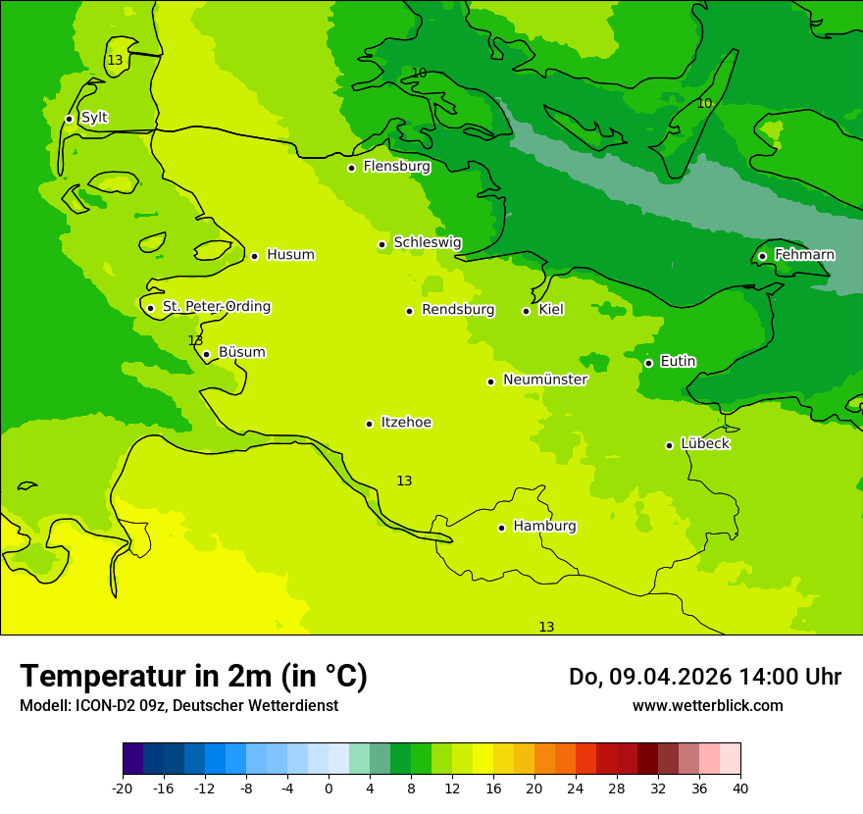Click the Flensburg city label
coord(396,167)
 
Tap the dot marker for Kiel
coord(526,311)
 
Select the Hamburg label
coord(544,527)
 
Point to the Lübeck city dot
coord(669,445)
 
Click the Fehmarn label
coord(804,255)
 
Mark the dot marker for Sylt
coord(69,119)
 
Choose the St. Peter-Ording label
coord(216,307)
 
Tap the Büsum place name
coord(241,352)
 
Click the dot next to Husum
coord(254,256)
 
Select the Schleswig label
coord(427,242)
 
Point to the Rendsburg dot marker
coord(409,311)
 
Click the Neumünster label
coord(544,380)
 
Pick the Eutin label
coord(678,361)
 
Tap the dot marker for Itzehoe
coord(369,424)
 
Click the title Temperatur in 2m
coord(193,676)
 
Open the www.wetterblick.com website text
coord(707,706)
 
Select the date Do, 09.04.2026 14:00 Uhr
coord(704,677)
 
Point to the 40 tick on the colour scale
coord(739,788)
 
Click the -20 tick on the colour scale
coord(123,788)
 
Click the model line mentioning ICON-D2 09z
coord(178,706)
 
